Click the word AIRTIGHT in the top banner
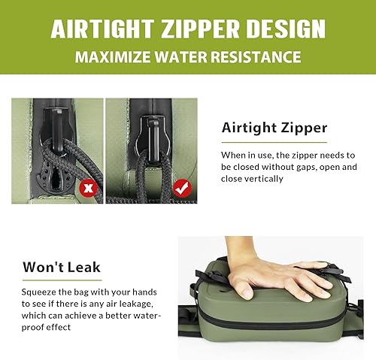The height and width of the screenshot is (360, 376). pyautogui.click(x=99, y=29)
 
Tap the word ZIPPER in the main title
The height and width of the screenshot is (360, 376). pyautogui.click(x=193, y=29)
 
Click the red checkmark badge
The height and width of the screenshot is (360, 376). pyautogui.click(x=180, y=186)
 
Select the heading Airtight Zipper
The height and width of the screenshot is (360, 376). pyautogui.click(x=274, y=129)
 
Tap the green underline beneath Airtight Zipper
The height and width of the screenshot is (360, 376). pyautogui.click(x=274, y=141)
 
